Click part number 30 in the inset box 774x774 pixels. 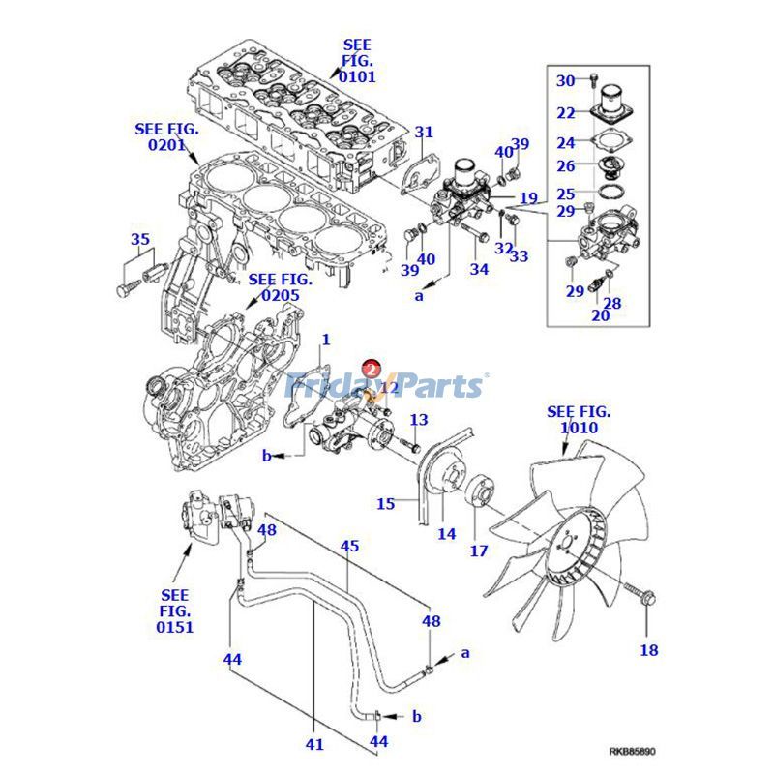point(565,80)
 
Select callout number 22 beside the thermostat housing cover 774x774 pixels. point(565,113)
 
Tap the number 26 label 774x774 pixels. point(565,165)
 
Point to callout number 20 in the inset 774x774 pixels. point(600,314)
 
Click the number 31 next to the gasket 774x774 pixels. point(425,132)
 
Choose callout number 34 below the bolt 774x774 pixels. point(479,269)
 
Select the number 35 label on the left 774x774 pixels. point(140,239)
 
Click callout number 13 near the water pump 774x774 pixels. point(418,420)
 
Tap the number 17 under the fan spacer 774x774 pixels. point(479,552)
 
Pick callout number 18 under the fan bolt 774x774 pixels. point(648,650)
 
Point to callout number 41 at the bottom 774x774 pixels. point(314,745)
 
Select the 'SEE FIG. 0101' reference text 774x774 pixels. point(357,60)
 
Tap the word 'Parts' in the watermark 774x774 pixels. point(432,386)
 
